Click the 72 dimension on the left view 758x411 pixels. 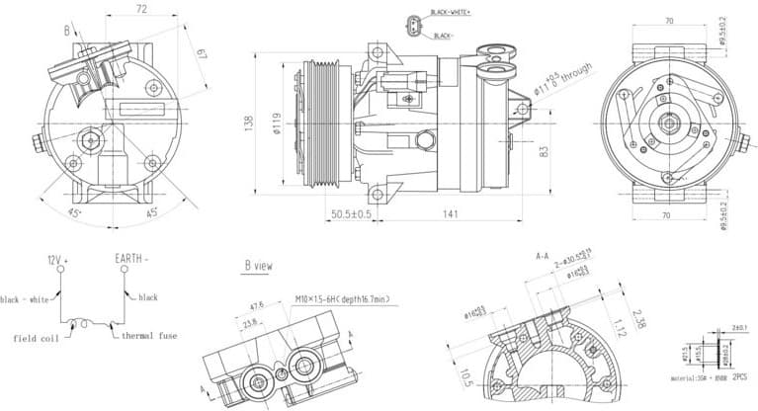click(x=140, y=9)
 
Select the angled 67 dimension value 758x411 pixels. click(x=202, y=52)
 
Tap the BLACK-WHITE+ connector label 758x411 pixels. click(x=451, y=13)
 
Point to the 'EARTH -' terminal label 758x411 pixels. click(x=131, y=259)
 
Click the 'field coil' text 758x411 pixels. click(x=36, y=338)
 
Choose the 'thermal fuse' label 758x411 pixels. click(x=149, y=336)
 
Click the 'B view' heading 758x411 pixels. click(x=259, y=266)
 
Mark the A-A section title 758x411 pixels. click(x=543, y=257)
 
